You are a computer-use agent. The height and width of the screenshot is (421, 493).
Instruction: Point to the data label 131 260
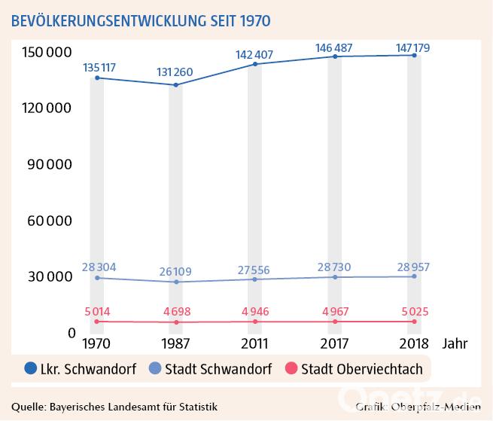pyautogui.click(x=175, y=72)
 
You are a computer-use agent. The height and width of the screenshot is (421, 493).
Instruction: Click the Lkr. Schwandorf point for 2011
pyautogui.click(x=255, y=64)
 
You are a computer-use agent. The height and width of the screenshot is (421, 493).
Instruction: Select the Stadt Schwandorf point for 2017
pyautogui.click(x=335, y=277)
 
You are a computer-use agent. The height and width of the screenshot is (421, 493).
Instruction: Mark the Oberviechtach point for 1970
pyautogui.click(x=97, y=322)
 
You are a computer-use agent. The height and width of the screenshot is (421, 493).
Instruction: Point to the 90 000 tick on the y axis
pyautogui.click(x=47, y=164)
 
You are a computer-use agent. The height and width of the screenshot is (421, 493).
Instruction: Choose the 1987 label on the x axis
pyautogui.click(x=175, y=345)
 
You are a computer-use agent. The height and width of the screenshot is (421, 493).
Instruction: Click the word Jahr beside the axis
pyautogui.click(x=455, y=345)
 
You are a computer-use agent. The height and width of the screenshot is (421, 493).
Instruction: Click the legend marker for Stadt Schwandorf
pyautogui.click(x=154, y=369)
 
